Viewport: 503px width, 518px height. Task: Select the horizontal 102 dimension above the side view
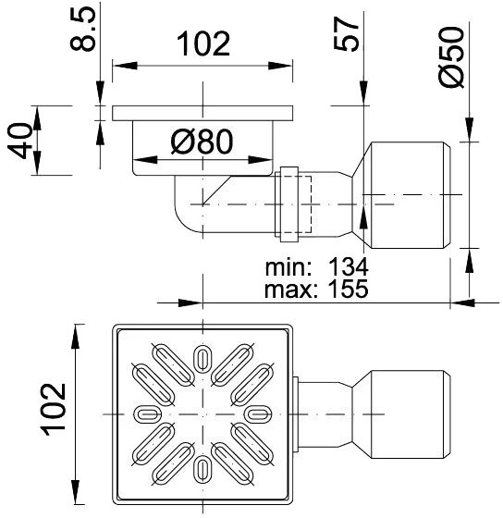click(202, 43)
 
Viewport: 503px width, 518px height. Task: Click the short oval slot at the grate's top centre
click(202, 356)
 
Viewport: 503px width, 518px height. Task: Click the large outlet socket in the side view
click(409, 196)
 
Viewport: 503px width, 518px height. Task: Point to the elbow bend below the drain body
click(190, 208)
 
